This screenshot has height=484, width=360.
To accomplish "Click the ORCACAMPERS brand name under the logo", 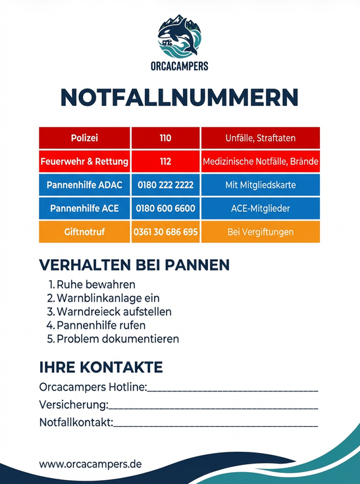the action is click(x=180, y=66).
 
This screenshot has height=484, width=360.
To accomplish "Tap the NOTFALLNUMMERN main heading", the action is click(x=180, y=97).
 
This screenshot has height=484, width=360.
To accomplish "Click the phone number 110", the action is click(x=165, y=138).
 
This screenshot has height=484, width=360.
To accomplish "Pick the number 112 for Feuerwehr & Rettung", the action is click(x=165, y=161).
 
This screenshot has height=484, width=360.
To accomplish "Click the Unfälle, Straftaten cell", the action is click(x=260, y=138).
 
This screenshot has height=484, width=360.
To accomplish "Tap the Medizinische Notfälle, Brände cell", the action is click(x=260, y=161).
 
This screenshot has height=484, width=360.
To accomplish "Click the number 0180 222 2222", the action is click(x=165, y=185).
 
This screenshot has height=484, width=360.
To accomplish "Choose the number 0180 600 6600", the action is click(x=165, y=208).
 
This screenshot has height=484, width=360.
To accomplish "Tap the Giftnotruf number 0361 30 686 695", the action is click(x=165, y=232).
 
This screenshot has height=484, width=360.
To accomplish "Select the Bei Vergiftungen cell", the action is click(x=260, y=232).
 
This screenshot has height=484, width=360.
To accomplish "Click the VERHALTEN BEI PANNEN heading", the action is click(x=134, y=265).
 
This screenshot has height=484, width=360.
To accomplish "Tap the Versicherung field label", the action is click(x=72, y=404).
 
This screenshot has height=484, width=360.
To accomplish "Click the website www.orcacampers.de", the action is click(x=90, y=464).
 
